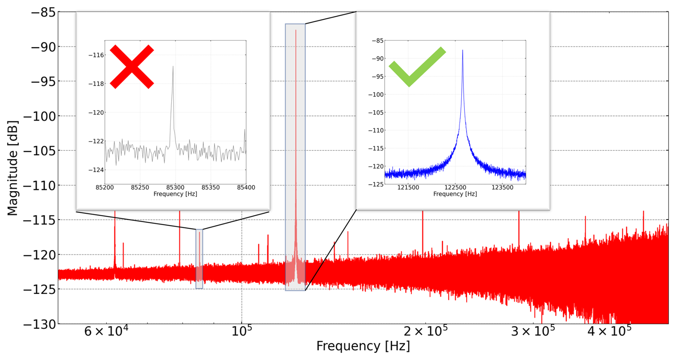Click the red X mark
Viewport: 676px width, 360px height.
pos(132,67)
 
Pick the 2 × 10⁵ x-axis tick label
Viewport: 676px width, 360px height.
pos(425,332)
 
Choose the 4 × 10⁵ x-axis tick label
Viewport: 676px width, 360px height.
pos(609,332)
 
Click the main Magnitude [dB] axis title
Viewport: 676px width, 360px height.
pos(13,168)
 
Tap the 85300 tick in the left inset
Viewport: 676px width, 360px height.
pos(175,187)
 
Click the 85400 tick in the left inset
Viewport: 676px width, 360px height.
pos(246,187)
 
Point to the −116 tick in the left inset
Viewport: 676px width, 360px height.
pos(96,55)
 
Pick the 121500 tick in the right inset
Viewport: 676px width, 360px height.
pos(408,187)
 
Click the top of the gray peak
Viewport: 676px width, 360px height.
pos(173,67)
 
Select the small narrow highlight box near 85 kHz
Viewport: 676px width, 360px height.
pos(199,259)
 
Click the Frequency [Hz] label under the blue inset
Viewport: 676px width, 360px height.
pos(455,194)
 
